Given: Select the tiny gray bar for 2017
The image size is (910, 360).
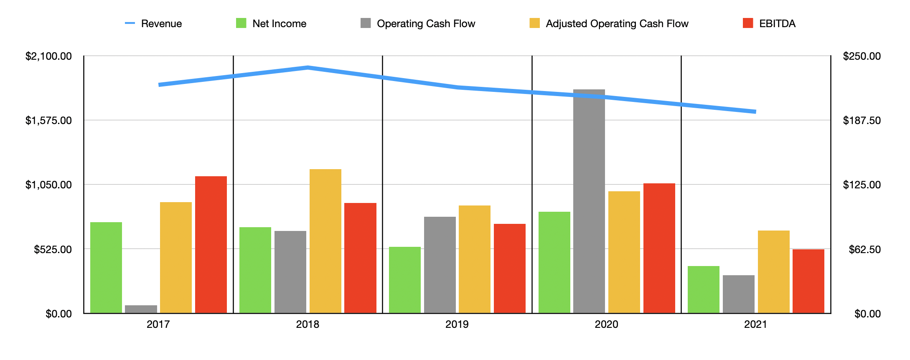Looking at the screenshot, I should pyautogui.click(x=141, y=309).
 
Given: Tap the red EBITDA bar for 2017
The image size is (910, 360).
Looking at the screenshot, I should pyautogui.click(x=211, y=245).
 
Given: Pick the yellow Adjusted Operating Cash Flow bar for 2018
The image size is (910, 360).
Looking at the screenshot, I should pyautogui.click(x=325, y=241).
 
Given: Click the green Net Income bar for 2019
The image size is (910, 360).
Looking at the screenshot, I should pyautogui.click(x=405, y=280).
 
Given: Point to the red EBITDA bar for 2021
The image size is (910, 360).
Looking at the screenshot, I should pyautogui.click(x=808, y=281).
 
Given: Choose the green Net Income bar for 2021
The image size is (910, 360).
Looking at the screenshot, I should pyautogui.click(x=704, y=289).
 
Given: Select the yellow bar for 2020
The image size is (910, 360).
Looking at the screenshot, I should pyautogui.click(x=624, y=252).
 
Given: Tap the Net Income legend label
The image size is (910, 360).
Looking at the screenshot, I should pyautogui.click(x=279, y=24).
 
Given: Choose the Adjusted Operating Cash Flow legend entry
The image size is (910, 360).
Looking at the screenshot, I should pyautogui.click(x=617, y=24).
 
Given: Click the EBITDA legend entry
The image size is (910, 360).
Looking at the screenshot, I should pyautogui.click(x=777, y=24).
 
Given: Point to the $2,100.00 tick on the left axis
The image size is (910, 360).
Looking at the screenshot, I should pyautogui.click(x=48, y=56).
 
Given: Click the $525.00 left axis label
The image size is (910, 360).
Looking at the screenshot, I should pyautogui.click(x=53, y=250).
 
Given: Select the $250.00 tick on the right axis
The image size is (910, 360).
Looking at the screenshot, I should pyautogui.click(x=862, y=56).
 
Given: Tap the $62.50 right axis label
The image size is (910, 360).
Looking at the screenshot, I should pyautogui.click(x=864, y=250).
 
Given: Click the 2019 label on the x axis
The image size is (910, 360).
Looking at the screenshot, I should pyautogui.click(x=457, y=325).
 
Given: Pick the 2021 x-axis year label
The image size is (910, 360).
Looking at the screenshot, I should pyautogui.click(x=756, y=325).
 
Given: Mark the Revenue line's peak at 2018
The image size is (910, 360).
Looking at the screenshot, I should pyautogui.click(x=308, y=67).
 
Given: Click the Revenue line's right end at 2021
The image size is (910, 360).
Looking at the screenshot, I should pyautogui.click(x=755, y=112).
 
